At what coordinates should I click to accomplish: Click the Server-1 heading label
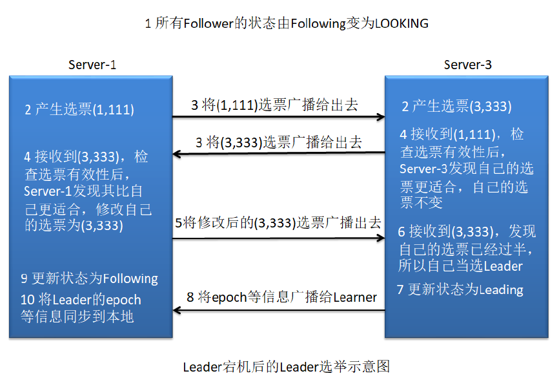92,65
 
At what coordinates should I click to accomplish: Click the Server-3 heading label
468,65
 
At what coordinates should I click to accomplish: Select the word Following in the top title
318,24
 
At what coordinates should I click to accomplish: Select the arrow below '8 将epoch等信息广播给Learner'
278,311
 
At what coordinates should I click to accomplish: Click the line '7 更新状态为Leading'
460,289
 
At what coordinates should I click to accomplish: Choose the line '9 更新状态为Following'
89,279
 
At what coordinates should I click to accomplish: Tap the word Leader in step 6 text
503,266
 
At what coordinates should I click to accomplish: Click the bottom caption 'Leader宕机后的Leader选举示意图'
286,367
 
